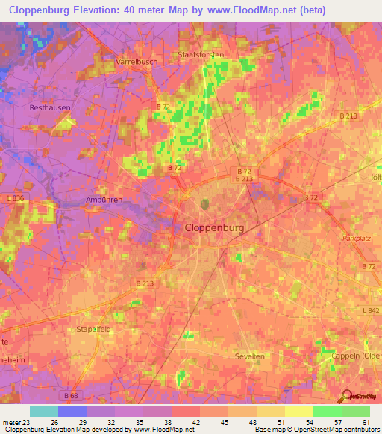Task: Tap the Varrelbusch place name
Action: [137, 62]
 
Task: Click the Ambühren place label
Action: [103, 200]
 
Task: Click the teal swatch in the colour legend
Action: [44, 411]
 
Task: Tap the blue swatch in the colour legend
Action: [72, 411]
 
